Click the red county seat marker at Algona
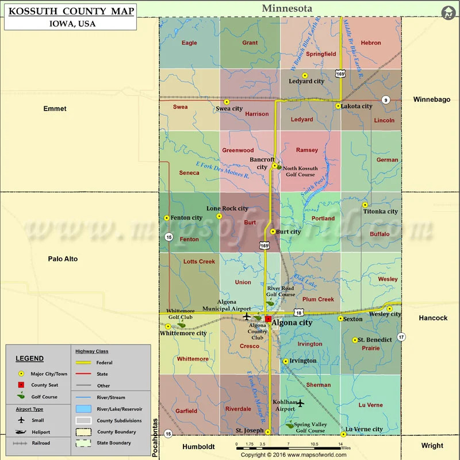pyautogui.click(x=268, y=317)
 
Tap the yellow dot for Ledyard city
pyautogui.click(x=305, y=75)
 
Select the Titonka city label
pyautogui.click(x=380, y=212)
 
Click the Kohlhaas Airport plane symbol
pyautogui.click(x=300, y=403)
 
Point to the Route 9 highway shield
pyautogui.click(x=385, y=100)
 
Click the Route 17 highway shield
pyautogui.click(x=401, y=336)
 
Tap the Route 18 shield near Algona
pyautogui.click(x=298, y=312)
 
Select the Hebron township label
pyautogui.click(x=371, y=43)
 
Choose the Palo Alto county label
pyautogui.click(x=63, y=259)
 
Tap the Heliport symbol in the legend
pyautogui.click(x=21, y=432)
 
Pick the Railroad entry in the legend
pyautogui.click(x=41, y=443)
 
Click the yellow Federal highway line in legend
pyautogui.click(x=84, y=363)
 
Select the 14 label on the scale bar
pyautogui.click(x=340, y=444)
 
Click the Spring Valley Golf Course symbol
pyautogui.click(x=289, y=426)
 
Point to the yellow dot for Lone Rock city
pyautogui.click(x=219, y=216)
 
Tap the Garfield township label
pyautogui.click(x=186, y=411)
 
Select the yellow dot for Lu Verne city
pyautogui.click(x=343, y=434)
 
